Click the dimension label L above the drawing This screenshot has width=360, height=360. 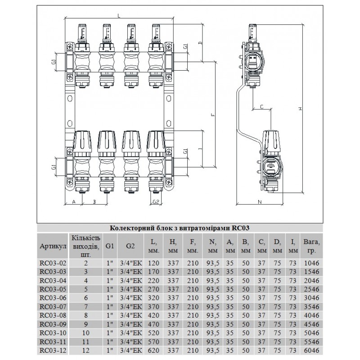pos(119,16)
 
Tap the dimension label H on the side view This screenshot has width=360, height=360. pos(301,108)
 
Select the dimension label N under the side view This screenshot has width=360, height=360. pos(260,202)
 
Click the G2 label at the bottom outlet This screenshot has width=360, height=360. pos(156,202)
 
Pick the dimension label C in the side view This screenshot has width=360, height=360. pos(261,107)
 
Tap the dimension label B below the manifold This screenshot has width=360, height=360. pos(94,202)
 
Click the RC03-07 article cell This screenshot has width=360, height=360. pos(53,306)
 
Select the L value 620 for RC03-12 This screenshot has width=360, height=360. pos(154,351)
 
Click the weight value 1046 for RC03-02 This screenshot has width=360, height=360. pos(311,263)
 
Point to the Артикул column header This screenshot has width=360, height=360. pos(53,246)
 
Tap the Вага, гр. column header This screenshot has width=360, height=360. pos(311,246)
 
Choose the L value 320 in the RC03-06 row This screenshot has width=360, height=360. pos(154,298)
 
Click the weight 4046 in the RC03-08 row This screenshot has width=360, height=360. pos(311,315)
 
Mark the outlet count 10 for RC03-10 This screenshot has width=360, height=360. pos(86,333)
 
